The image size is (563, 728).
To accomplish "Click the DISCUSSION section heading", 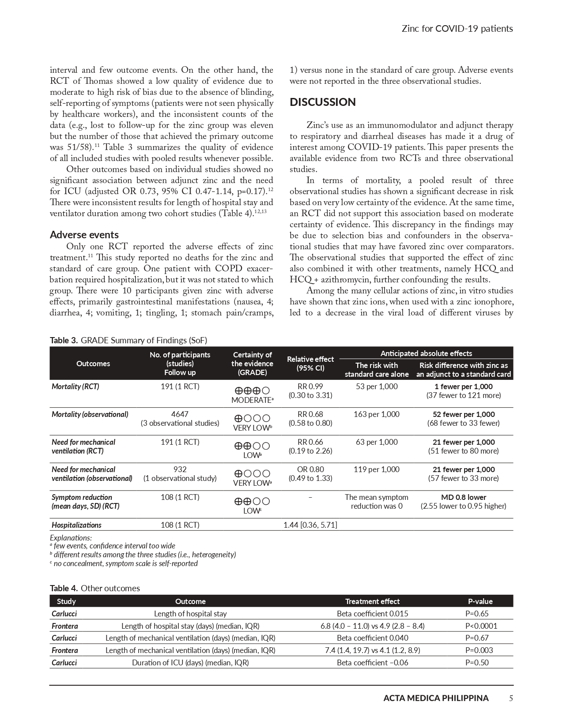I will [322, 102].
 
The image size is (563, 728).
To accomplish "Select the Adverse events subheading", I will [84, 234].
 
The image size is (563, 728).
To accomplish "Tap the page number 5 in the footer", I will [510, 698].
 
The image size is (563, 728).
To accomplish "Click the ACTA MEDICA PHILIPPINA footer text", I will [435, 698].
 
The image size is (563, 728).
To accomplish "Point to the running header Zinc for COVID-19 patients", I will [457, 29].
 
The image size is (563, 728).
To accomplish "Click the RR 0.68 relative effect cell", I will [310, 418].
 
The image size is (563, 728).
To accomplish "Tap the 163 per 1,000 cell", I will [376, 414].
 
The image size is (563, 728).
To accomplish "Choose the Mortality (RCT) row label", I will [75, 387].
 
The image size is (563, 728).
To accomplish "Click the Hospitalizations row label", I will [76, 525].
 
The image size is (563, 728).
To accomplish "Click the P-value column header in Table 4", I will [480, 601].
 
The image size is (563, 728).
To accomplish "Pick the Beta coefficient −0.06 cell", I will [372, 663].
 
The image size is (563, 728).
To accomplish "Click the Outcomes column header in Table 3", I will [93, 364].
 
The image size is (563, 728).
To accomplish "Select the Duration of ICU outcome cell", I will [190, 663].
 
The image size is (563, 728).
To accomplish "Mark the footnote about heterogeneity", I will [143, 555].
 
